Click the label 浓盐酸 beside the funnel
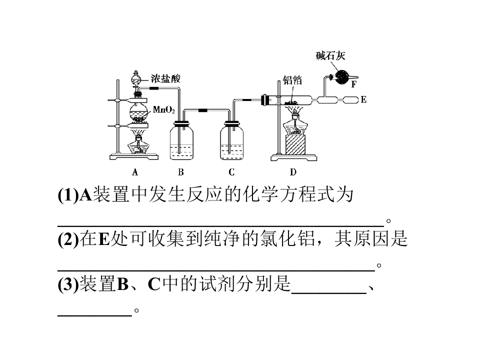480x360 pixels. pos(165,78)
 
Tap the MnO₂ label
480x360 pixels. pos(164,109)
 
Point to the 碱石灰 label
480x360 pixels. pos(330,55)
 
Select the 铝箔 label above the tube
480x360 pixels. pos(292,80)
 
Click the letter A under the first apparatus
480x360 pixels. pos(135,172)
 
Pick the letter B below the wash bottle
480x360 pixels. pos(181,172)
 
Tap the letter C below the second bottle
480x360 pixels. pos(231,172)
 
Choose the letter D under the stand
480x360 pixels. pos(293,172)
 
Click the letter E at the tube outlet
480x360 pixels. pos(363,99)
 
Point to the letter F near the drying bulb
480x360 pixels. pos(353,84)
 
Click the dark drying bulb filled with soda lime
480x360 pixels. pos(341,77)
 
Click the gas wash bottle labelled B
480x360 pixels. pos(181,140)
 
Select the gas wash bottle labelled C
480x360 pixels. pos(231,140)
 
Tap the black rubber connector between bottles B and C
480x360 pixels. pos(202,110)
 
